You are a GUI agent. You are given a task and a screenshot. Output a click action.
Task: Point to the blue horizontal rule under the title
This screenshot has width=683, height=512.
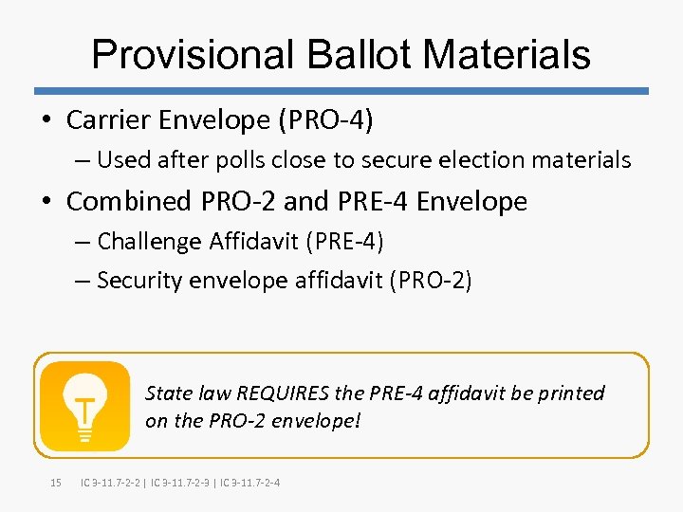(x=341, y=91)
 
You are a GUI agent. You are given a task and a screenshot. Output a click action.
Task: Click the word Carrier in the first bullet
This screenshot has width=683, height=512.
(x=108, y=120)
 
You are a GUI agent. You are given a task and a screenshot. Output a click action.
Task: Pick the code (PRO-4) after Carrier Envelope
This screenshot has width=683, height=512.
(x=335, y=120)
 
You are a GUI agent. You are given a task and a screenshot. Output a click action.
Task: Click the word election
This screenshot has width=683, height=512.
(x=487, y=160)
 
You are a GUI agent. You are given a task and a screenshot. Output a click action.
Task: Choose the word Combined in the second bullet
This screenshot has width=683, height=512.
(x=130, y=201)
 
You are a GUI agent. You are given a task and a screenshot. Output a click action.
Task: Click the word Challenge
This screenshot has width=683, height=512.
(x=149, y=242)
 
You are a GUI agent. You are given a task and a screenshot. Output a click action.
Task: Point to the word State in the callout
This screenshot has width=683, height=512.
(x=168, y=393)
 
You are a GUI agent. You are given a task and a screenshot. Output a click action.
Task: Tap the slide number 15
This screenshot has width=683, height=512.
(x=55, y=484)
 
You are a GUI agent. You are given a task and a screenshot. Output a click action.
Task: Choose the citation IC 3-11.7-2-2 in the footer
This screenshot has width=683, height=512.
(x=112, y=484)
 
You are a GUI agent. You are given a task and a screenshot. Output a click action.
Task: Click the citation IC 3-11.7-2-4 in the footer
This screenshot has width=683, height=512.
(x=249, y=484)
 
